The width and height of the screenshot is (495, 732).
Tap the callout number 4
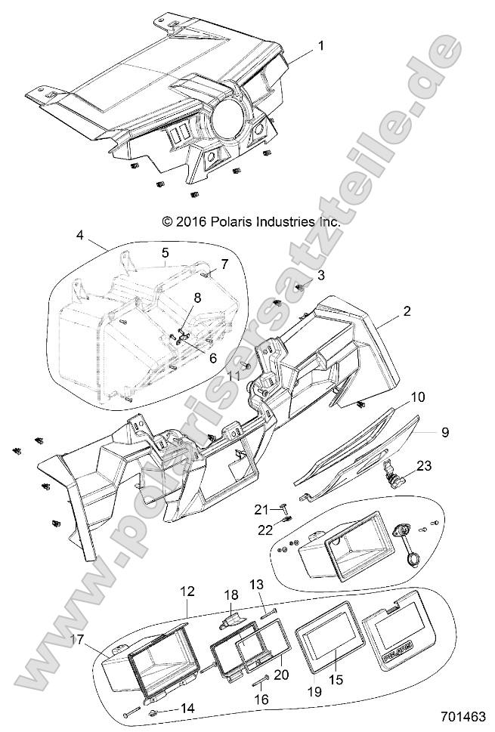[79, 235]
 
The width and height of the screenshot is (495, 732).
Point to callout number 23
[423, 466]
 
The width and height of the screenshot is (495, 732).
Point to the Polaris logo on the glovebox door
[393, 647]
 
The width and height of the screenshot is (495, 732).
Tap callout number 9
[444, 433]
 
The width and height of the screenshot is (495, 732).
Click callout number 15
[334, 680]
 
